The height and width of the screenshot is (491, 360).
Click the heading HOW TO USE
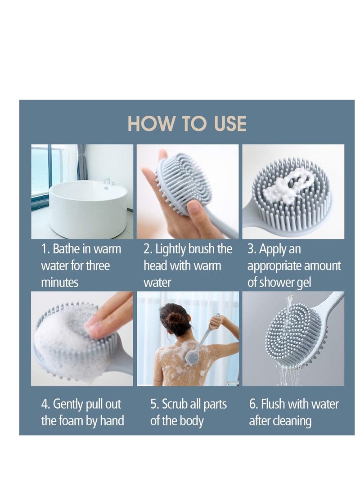coord(187,124)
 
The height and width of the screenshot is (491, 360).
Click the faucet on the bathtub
coord(107,181)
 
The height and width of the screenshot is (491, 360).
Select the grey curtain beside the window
coord(82,162)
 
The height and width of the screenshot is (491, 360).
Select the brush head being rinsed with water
coord(292,335)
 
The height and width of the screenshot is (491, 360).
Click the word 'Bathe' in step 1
coord(66,249)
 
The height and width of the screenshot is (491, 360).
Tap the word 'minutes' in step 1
coord(59,283)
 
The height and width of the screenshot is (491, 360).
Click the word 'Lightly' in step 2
coord(171,249)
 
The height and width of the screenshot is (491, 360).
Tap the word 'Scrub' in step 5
coord(175,404)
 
